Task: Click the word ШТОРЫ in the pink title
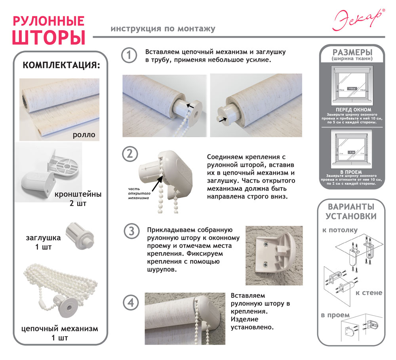point(49,36)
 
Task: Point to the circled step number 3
point(131,231)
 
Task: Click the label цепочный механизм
point(59,329)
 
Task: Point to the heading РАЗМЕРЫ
point(352,53)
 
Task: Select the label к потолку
point(339,230)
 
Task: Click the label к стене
point(368,293)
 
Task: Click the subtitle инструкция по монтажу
point(163,29)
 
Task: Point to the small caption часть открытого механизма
point(138,194)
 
